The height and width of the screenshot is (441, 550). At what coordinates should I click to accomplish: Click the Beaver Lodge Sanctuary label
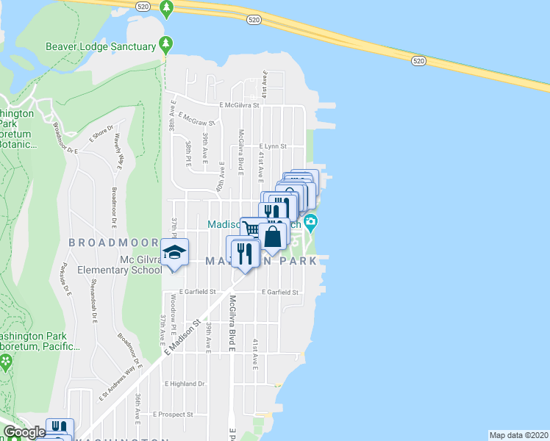click(101, 46)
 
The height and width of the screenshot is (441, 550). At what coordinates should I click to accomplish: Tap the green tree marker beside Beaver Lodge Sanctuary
click(167, 44)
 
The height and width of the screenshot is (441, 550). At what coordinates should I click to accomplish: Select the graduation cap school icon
click(175, 252)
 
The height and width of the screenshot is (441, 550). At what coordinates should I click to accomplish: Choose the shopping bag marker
click(272, 237)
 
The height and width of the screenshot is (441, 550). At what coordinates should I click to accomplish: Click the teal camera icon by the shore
click(311, 222)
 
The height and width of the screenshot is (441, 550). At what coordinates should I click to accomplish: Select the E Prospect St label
click(173, 414)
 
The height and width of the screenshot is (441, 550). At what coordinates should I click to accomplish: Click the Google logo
click(24, 433)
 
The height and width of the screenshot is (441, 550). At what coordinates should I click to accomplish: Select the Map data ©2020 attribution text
click(519, 435)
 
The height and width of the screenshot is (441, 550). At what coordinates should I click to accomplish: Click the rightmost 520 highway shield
click(418, 60)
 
